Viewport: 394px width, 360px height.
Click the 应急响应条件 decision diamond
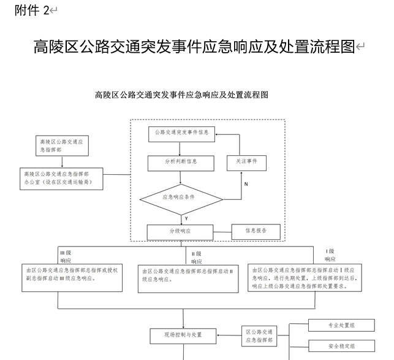tap(181, 198)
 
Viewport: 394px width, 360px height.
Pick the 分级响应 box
tap(180, 232)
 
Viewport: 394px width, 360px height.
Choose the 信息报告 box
tap(254, 231)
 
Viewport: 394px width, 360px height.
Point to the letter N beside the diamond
tap(246, 184)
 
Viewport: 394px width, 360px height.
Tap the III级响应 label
tap(66, 256)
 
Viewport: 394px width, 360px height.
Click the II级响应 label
tap(196, 257)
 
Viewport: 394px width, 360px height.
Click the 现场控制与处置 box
tap(183, 335)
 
